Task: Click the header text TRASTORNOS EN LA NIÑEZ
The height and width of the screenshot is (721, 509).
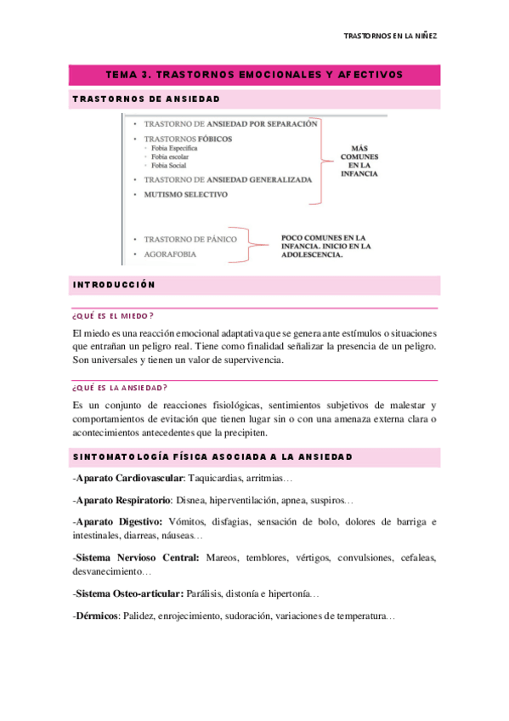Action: pos(394,37)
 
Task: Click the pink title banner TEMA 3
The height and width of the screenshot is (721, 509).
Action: pos(254,75)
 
